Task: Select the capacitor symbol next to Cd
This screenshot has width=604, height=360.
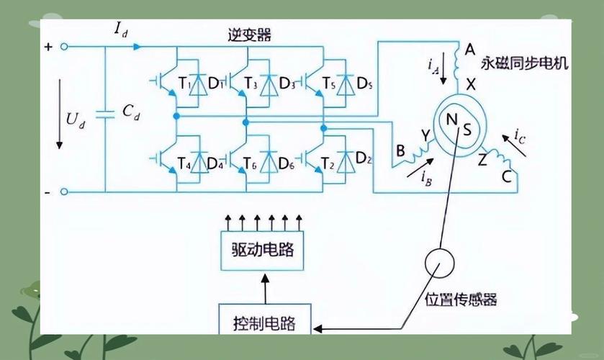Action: (x=105, y=112)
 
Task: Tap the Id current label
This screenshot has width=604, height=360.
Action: (x=121, y=30)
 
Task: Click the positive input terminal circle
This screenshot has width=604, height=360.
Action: (x=63, y=47)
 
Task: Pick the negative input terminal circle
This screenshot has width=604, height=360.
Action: (x=63, y=192)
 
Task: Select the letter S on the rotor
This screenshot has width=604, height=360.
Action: (x=467, y=130)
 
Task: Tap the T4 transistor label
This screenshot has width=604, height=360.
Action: (x=184, y=164)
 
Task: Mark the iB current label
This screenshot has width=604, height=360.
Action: (x=425, y=174)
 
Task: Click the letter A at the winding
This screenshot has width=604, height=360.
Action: (x=469, y=49)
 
